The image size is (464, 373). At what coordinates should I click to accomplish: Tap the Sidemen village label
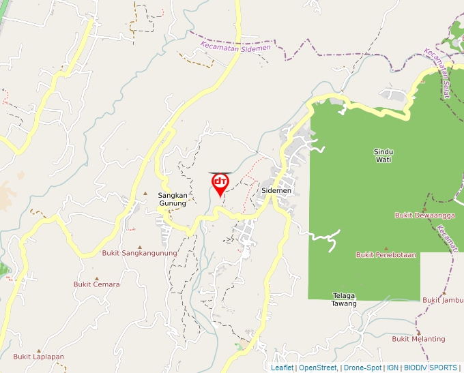click(x=276, y=191)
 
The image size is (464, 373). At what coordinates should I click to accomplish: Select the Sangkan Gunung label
click(x=173, y=198)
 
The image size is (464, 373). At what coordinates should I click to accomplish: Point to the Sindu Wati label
click(x=383, y=155)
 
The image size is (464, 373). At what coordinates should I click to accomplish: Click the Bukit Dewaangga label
click(x=424, y=215)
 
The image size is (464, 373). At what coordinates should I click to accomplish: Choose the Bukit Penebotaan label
click(x=386, y=255)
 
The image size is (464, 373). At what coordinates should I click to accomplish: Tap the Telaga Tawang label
click(x=345, y=299)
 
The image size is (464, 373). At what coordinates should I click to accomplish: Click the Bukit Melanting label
click(x=418, y=339)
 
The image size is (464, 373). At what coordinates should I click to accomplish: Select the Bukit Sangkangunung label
click(x=139, y=253)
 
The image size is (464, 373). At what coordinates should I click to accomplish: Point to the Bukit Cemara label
click(x=97, y=284)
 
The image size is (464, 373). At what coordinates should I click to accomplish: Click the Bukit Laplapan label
click(x=38, y=357)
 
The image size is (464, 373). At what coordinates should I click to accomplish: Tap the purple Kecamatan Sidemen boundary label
click(x=235, y=47)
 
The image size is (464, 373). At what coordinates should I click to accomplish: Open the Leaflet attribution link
click(x=282, y=368)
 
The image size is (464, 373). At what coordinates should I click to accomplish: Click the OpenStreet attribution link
click(x=317, y=368)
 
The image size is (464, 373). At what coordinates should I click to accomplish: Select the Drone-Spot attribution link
click(x=362, y=368)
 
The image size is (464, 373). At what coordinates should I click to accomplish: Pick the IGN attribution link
click(x=392, y=368)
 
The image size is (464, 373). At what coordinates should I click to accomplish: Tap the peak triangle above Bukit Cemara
click(x=96, y=278)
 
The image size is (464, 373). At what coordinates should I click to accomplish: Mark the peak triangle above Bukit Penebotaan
click(x=386, y=248)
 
